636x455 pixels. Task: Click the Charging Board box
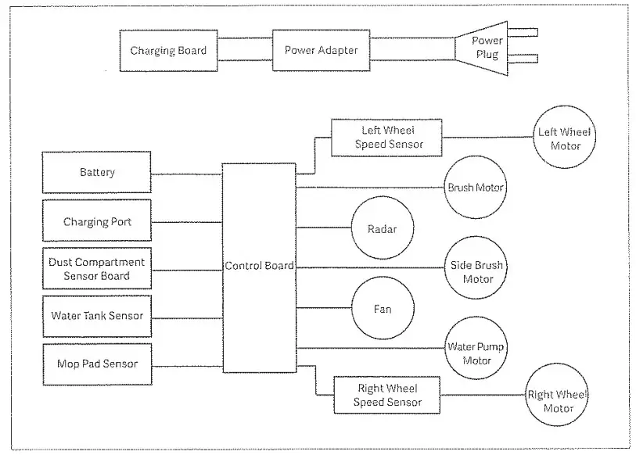point(168,51)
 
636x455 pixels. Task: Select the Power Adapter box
point(321,50)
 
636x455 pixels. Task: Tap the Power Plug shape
point(481,48)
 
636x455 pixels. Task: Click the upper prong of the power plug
point(523,32)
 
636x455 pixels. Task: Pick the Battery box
point(96,172)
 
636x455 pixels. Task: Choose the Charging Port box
point(97,220)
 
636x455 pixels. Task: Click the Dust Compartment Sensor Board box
point(97,268)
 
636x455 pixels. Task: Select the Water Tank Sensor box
point(97,317)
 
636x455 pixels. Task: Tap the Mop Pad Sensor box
point(97,364)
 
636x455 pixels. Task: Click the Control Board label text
point(259,266)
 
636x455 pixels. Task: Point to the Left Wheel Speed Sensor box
point(386,138)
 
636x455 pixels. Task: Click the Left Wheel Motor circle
point(564,137)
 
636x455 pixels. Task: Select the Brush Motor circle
point(476,188)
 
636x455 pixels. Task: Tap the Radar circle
point(383,228)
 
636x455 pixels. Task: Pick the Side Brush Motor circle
point(476,268)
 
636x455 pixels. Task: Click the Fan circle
point(383,308)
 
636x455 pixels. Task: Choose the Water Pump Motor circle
point(476,349)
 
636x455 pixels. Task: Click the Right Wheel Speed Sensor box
point(387,395)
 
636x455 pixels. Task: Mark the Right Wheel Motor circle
point(557,395)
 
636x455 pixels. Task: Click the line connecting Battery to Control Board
point(187,174)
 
